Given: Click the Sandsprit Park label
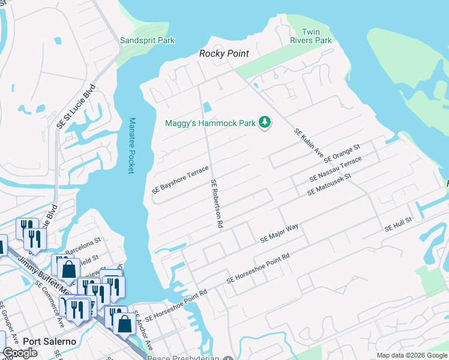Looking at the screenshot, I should point(147,40).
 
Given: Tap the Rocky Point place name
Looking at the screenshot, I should point(224,54).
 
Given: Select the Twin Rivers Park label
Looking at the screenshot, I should point(316,36).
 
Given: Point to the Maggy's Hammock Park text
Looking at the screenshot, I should point(210,124).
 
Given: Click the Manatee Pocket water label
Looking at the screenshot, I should point(131,145).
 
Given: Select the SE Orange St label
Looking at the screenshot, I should point(342,154).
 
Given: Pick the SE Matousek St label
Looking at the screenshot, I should point(328,185).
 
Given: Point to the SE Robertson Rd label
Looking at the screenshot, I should point(217,203).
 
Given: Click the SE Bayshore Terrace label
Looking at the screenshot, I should point(180,179).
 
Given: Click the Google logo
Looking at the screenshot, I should point(20,353).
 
